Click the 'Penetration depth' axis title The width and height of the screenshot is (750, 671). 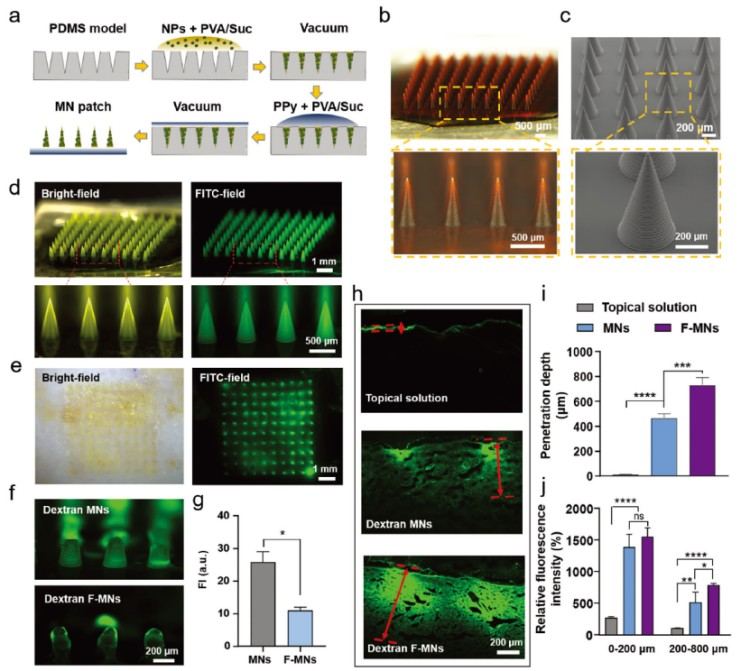[x=546, y=411]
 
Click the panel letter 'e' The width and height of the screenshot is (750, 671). [x=13, y=369]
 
